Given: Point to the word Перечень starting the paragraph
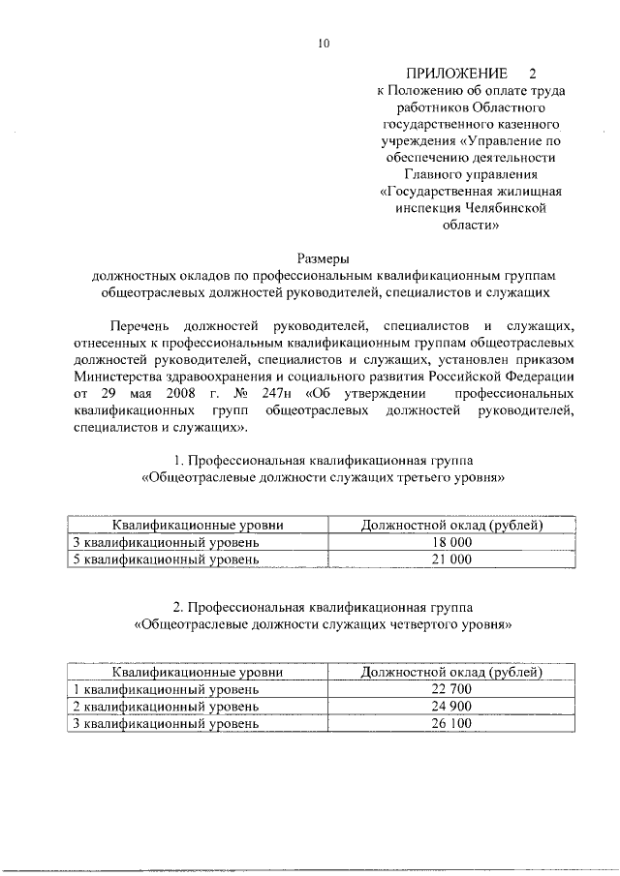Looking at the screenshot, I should point(145,326).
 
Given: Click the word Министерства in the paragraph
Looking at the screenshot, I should point(122,377).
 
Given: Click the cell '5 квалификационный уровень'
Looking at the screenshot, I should point(167,559).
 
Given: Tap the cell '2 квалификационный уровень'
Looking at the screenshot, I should point(167,706).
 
